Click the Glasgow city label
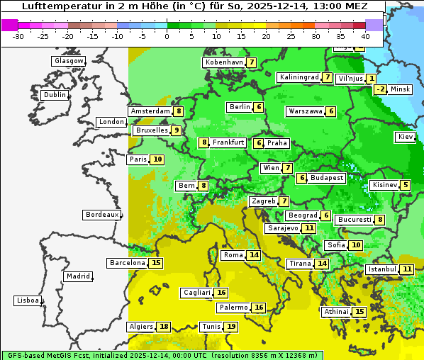pyautogui.click(x=68, y=61)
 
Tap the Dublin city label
pyautogui.click(x=54, y=95)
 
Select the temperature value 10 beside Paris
pyautogui.click(x=157, y=159)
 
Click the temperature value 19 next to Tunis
pyautogui.click(x=231, y=327)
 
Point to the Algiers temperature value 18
pyautogui.click(x=164, y=327)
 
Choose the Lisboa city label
pyautogui.click(x=27, y=300)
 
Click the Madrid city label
pyautogui.click(x=77, y=276)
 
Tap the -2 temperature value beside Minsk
pyautogui.click(x=381, y=89)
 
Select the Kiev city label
pyautogui.click(x=406, y=137)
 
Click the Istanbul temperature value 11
pyautogui.click(x=407, y=269)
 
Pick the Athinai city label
pyautogui.click(x=336, y=312)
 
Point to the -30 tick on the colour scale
pyautogui.click(x=18, y=36)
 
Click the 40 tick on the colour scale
pyautogui.click(x=365, y=36)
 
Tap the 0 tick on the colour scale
pyautogui.click(x=167, y=36)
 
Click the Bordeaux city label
pyautogui.click(x=101, y=215)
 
